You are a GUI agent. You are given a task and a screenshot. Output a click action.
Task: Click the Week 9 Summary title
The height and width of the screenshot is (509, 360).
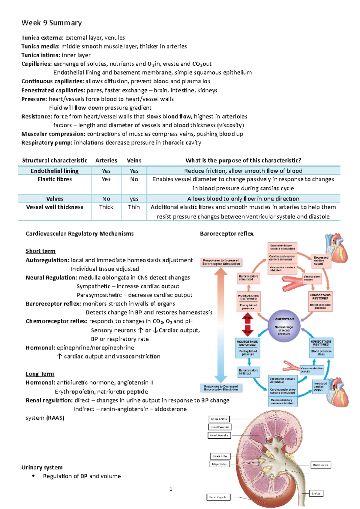coord(51,23)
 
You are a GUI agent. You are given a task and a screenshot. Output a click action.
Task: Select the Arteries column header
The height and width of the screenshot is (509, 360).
coord(106,160)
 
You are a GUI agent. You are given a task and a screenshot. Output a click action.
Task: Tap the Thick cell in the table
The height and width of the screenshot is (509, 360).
coord(106,207)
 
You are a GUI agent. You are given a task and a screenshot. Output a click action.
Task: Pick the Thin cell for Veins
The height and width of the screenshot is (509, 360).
coord(134,207)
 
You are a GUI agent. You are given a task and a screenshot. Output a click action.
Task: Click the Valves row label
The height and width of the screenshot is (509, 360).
coord(55,199)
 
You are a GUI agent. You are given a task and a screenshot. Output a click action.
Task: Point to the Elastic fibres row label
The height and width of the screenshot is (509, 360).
coord(55,179)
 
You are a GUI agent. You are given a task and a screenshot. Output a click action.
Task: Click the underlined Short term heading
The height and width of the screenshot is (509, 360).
coord(40,251)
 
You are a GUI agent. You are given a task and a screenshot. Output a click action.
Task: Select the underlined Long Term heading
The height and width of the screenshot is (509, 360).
coord(40,374)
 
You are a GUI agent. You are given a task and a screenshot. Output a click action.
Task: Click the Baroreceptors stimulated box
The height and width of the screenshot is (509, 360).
coord(249,278)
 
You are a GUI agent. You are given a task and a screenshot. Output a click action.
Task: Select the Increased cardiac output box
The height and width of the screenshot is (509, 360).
coord(320,386)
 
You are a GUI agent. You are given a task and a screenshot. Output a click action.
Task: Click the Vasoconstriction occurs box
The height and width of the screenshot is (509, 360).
coord(312,370)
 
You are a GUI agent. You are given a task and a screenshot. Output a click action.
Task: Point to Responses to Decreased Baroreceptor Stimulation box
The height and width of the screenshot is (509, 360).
coord(221,388)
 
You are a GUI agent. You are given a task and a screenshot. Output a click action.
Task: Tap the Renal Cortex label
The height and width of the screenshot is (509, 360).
coord(219,419)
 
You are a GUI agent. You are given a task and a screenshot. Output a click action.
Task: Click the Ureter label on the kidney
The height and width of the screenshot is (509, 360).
coord(316,493)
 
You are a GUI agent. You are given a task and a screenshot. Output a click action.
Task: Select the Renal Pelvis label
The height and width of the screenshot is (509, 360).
coord(320,465)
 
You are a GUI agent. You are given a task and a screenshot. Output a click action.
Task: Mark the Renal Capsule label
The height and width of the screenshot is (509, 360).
coord(218,497)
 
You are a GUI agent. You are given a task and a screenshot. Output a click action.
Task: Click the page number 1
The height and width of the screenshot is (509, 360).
coord(171,489)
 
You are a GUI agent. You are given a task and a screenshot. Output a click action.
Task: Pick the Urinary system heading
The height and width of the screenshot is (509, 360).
coord(42,467)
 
